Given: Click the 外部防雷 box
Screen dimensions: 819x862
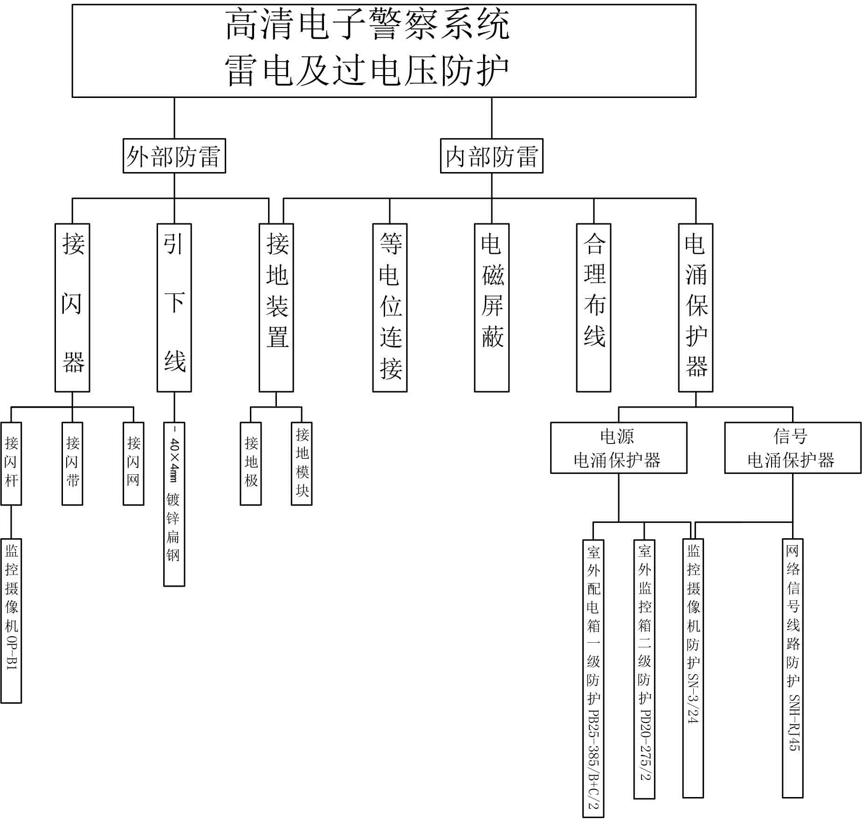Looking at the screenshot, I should coord(174,156).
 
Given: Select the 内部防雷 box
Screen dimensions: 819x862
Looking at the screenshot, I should coord(491,156).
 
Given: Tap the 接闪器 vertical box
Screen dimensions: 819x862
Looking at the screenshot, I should coord(72,307).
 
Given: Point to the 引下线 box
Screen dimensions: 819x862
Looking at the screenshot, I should coord(174,307).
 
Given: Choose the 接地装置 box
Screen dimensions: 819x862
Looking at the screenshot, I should coord(276,307).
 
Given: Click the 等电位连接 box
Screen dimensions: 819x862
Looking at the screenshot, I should coord(390,307).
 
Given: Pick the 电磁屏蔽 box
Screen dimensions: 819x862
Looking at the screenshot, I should coord(491,307).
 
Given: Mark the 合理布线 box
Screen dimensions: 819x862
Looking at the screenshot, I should coord(593,307).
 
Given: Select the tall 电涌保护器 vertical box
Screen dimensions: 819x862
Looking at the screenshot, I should coord(696,307).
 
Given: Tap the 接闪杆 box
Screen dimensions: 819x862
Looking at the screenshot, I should coord(11,463).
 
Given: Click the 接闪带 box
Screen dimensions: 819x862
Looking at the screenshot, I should coord(72,463).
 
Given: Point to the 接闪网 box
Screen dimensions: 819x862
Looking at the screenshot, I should coord(133,463).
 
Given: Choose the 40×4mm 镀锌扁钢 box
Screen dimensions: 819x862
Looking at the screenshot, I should coord(174,504).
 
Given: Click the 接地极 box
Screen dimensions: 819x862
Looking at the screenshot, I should coord(251,463).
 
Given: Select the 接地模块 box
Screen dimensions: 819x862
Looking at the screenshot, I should coord(302,463).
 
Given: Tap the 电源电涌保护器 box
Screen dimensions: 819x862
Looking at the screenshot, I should coord(619,448).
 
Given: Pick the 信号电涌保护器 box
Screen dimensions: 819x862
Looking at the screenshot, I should coord(793,448).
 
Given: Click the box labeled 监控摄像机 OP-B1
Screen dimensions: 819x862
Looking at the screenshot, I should coord(11,620).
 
